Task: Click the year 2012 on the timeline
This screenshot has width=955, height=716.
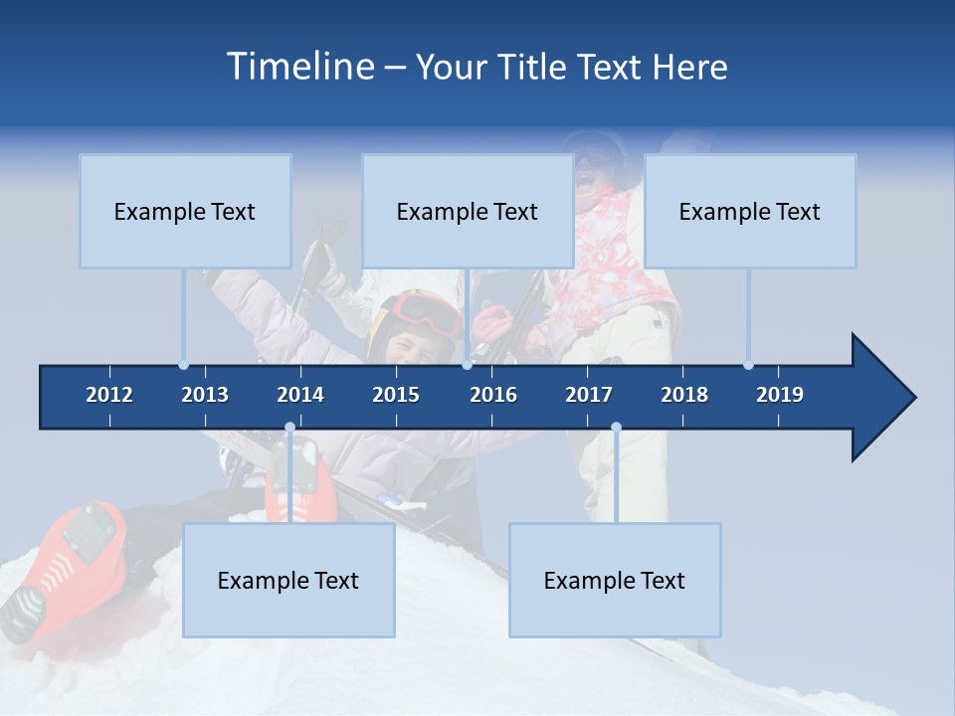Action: (109, 395)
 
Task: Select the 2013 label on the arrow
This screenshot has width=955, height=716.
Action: (205, 395)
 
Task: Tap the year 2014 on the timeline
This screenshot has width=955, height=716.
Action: (300, 395)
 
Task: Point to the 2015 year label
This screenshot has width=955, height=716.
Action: (396, 395)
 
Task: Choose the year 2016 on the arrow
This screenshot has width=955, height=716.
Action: (493, 395)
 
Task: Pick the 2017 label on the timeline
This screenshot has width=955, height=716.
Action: (589, 395)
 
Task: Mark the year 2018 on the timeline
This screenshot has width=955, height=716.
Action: (684, 395)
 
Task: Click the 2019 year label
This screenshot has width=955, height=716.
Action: (780, 395)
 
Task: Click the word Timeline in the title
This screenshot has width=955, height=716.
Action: (299, 66)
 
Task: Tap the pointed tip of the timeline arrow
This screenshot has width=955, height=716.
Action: (913, 398)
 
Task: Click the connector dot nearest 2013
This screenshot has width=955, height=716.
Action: (184, 365)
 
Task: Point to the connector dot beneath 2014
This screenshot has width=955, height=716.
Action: (289, 428)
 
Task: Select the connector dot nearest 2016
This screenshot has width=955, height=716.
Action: (467, 365)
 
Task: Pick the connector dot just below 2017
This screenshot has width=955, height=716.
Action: (616, 428)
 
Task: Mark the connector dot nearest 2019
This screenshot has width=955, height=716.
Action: (748, 365)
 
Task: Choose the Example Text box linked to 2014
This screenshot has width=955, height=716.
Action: (288, 580)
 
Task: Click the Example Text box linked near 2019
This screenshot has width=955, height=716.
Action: (750, 211)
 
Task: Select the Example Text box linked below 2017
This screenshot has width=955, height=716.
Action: (615, 580)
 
